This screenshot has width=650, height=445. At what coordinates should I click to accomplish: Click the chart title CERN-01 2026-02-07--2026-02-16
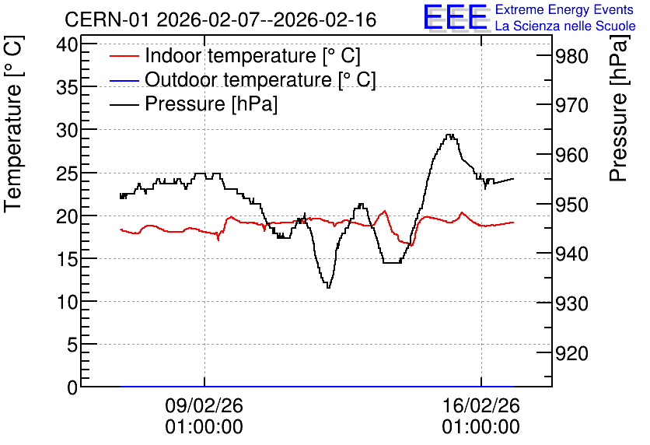pos(221,19)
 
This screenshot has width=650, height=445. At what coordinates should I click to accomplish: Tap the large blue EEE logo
pos(455,17)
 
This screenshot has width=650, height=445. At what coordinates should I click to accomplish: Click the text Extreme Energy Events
pos(564,9)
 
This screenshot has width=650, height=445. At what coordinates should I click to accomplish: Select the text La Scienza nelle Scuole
pos(565,26)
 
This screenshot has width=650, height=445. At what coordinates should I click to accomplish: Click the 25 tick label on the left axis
pos(68,173)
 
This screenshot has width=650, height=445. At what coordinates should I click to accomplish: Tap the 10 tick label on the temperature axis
pos(68,302)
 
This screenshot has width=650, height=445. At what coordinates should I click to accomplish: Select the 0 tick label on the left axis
pos(72,387)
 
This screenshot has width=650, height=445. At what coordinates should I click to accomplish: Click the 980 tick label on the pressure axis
pos(571,56)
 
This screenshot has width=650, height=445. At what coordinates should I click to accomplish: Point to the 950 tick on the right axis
pos(571,205)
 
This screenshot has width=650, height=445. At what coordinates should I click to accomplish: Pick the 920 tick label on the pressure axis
pos(571,353)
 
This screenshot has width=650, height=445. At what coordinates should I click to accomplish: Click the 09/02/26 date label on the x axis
pos(204,405)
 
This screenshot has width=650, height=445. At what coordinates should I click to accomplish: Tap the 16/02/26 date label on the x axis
pos(481,405)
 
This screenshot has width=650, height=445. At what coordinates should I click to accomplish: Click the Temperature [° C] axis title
pos(14,124)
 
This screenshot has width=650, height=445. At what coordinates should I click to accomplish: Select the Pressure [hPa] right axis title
pos(620,109)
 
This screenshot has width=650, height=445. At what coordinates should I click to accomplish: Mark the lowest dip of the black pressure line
pos(328,287)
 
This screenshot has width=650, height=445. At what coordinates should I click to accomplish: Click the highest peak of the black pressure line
pos(449,135)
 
